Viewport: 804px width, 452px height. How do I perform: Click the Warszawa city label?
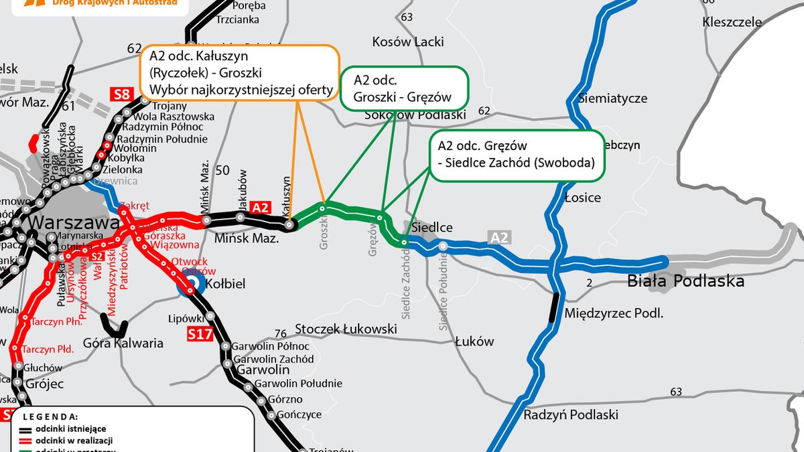(63, 222)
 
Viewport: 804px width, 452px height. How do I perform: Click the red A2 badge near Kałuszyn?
(261, 208)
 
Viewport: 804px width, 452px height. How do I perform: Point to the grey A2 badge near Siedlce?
(499, 237)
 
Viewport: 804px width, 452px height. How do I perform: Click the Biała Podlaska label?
(685, 281)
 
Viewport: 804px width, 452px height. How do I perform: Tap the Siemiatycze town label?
(614, 98)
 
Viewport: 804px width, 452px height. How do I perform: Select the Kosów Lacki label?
(408, 42)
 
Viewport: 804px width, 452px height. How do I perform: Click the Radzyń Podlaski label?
(571, 415)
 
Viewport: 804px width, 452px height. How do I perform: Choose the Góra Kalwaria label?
(123, 344)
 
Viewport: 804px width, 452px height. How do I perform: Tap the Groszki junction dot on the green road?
(322, 209)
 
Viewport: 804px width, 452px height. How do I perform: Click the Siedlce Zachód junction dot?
(404, 242)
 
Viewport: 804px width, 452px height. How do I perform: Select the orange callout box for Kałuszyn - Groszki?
(239, 73)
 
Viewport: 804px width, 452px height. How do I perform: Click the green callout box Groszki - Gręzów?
(404, 88)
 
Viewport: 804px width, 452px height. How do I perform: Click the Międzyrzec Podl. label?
(614, 313)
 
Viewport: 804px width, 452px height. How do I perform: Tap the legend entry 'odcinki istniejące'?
(70, 429)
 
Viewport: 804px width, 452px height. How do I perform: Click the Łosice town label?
(582, 198)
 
